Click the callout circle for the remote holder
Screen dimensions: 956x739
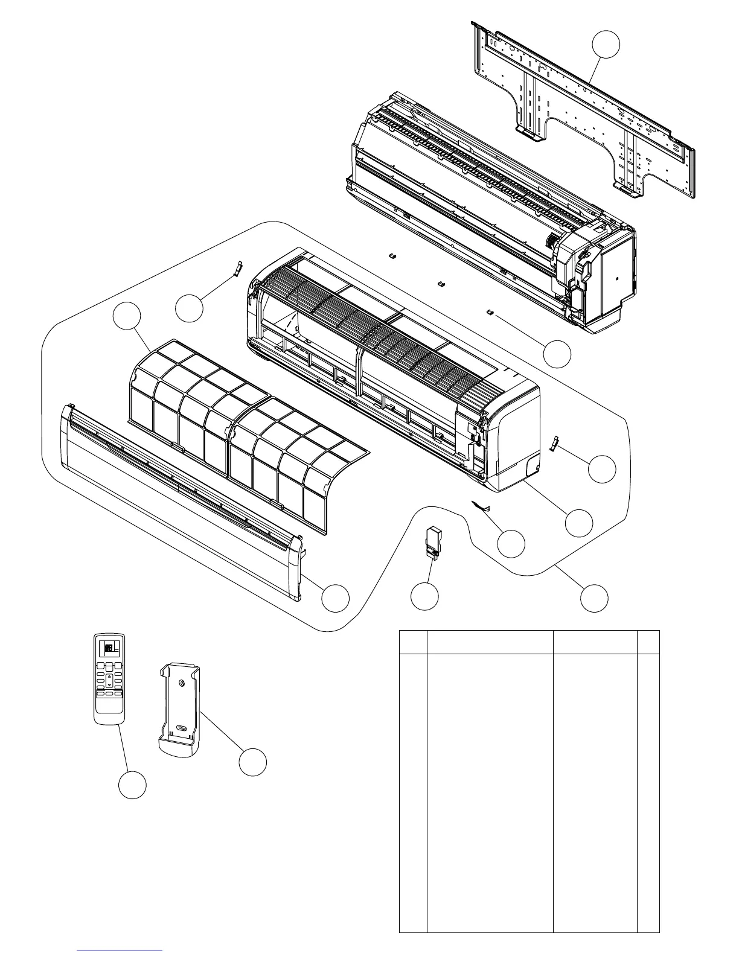[x=252, y=762]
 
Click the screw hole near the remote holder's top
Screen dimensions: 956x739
[x=182, y=683]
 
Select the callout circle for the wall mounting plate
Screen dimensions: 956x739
[x=606, y=45]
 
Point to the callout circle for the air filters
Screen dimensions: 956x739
[x=127, y=317]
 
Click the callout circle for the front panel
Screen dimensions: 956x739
[x=335, y=597]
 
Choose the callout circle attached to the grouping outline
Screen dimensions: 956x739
[x=594, y=597]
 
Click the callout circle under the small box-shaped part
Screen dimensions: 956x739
[x=424, y=596]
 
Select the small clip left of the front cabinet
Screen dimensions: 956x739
[x=237, y=268]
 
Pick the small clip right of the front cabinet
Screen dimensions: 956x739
[x=552, y=444]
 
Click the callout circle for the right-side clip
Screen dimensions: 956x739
[x=602, y=469]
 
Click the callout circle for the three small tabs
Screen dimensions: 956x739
[x=557, y=354]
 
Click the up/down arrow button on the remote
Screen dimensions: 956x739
[x=109, y=680]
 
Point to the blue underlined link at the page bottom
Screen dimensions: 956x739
[x=120, y=950]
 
